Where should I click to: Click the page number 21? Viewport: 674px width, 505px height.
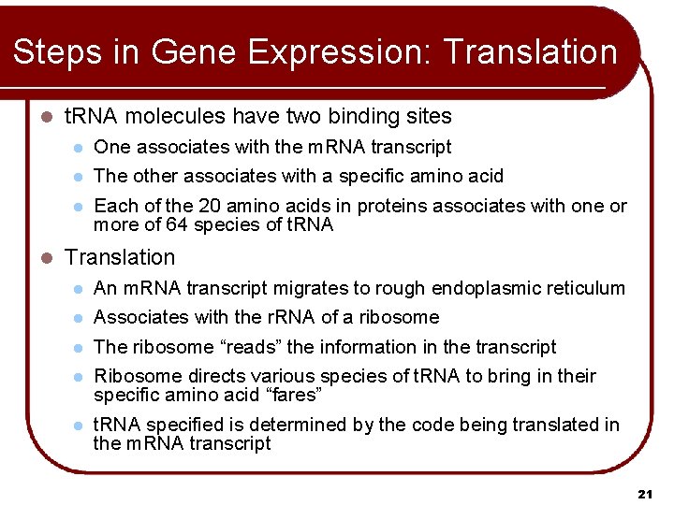pos(644,492)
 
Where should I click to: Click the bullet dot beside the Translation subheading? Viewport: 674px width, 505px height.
pos(46,258)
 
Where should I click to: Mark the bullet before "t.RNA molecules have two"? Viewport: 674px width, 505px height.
pos(46,118)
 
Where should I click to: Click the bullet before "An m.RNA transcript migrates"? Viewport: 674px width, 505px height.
pos(81,289)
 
